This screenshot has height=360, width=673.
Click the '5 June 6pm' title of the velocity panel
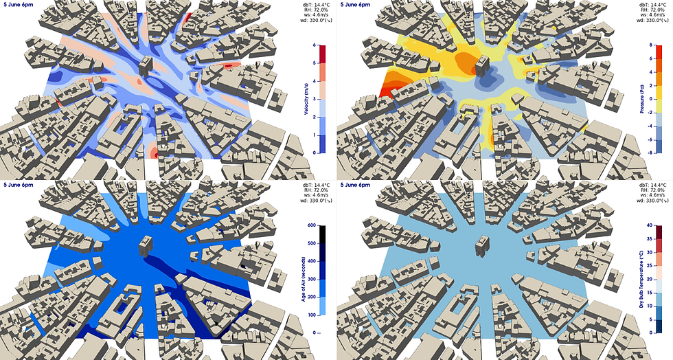tap(21, 5)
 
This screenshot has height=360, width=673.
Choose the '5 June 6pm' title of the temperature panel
tap(358, 185)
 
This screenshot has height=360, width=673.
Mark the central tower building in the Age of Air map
tap(146, 244)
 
